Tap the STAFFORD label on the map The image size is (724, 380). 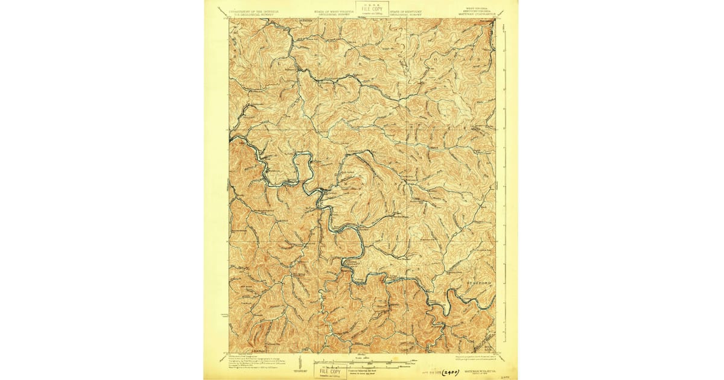[480, 282]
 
